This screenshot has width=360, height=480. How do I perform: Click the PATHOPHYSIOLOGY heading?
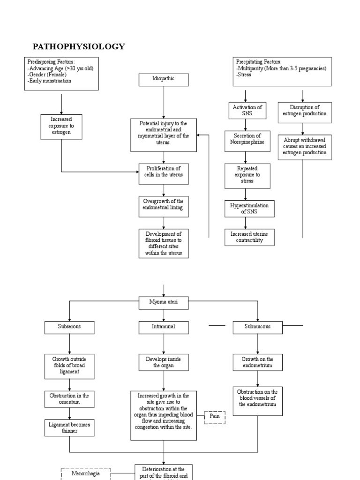(78, 46)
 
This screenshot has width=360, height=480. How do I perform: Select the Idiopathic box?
(164, 80)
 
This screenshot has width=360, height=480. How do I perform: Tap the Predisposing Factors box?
(62, 74)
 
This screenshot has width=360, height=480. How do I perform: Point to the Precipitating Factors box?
(282, 71)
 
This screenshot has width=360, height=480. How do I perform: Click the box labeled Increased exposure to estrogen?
(62, 127)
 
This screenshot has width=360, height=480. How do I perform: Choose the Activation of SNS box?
(247, 111)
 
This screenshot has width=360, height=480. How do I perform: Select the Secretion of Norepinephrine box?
(247, 141)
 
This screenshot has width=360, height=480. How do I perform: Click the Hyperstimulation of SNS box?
(249, 208)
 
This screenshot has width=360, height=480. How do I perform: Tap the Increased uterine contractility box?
(249, 237)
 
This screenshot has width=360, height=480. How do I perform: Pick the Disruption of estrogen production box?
(304, 112)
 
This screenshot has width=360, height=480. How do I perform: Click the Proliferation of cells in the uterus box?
(164, 174)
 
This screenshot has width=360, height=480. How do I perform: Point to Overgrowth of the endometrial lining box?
(164, 207)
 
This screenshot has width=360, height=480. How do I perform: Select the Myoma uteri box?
(164, 303)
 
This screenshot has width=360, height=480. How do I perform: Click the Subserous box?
(69, 327)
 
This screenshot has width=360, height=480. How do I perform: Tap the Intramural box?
(164, 327)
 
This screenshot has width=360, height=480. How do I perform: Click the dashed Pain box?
(215, 417)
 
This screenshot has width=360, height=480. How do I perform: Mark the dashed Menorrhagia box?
(86, 474)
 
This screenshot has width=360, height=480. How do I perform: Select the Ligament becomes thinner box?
(69, 427)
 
